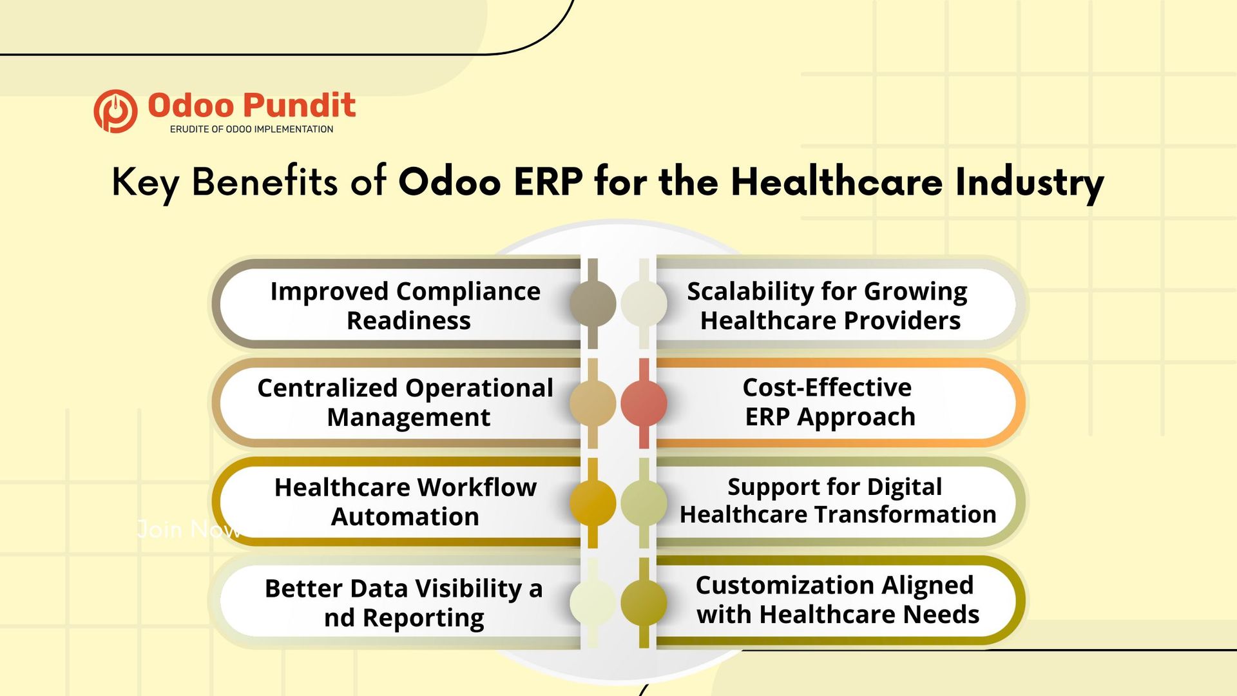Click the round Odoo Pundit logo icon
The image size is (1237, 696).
[x=115, y=111]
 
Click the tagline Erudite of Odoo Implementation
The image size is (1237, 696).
[x=251, y=130]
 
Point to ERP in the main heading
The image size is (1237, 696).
[x=548, y=182]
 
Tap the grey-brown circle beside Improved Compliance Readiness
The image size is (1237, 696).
[x=593, y=303]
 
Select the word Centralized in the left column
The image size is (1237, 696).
[x=327, y=388]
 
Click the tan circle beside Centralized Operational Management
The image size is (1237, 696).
[x=593, y=403]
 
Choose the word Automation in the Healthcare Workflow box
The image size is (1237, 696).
[x=405, y=517]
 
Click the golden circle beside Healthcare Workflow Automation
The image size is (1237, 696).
[x=593, y=503]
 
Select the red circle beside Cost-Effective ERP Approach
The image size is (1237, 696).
[x=644, y=403]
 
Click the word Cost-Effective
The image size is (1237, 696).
[x=827, y=387]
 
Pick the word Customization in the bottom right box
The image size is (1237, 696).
[x=784, y=585]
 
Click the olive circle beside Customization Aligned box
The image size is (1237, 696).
[x=644, y=603]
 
